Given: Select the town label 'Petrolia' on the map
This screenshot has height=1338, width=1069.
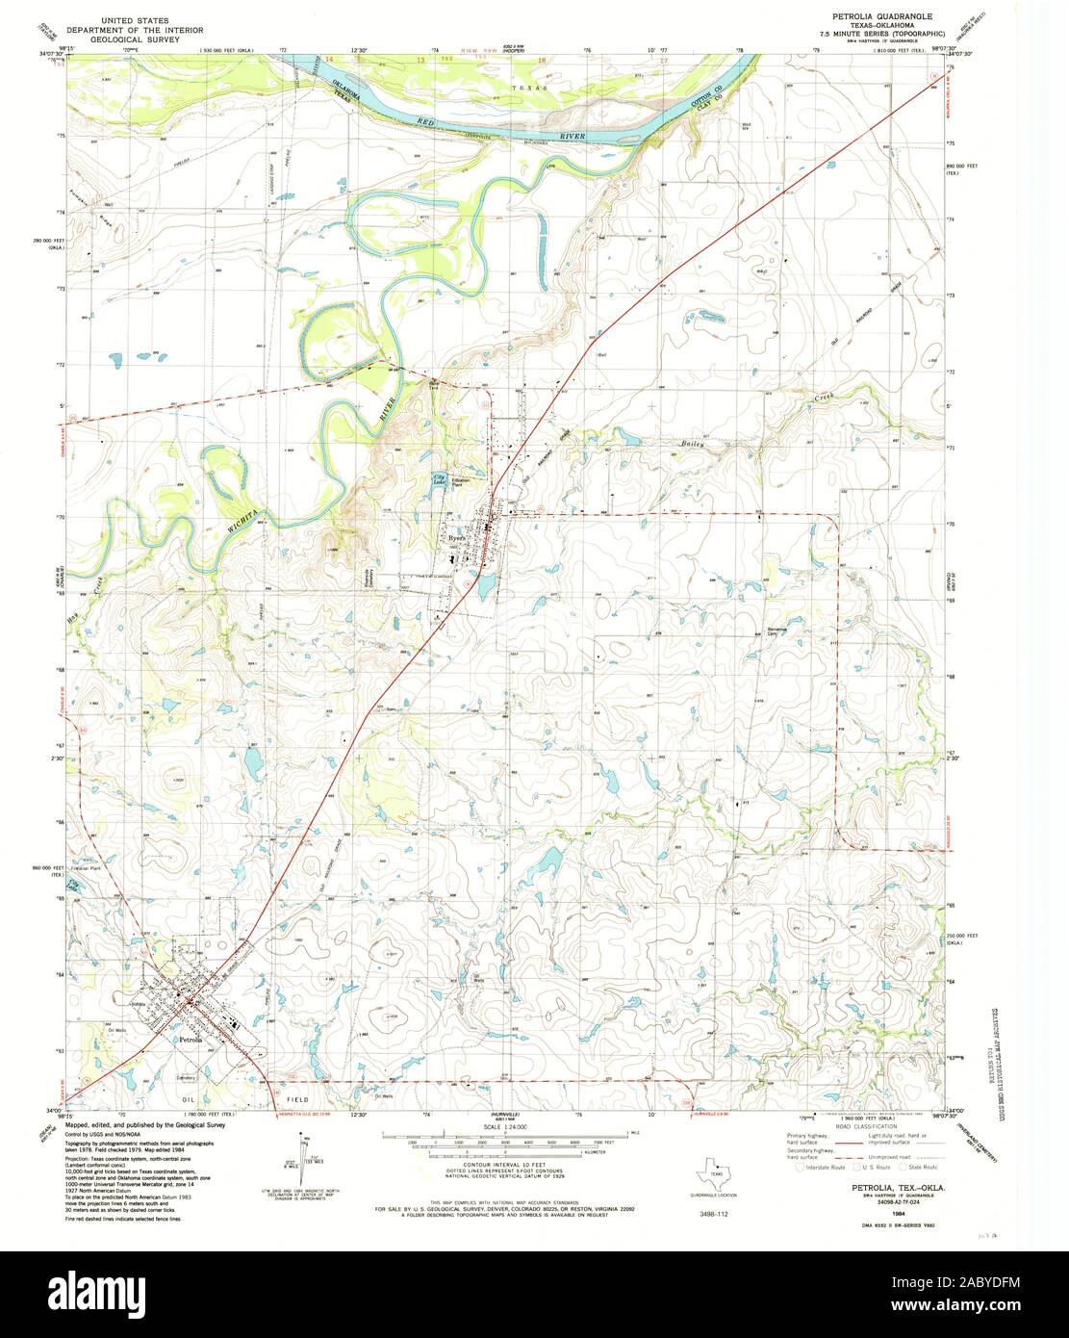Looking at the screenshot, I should coord(191,1040).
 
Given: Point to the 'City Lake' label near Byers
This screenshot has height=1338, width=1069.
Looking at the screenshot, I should coord(439,479).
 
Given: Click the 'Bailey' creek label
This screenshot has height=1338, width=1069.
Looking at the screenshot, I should coord(694,445).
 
